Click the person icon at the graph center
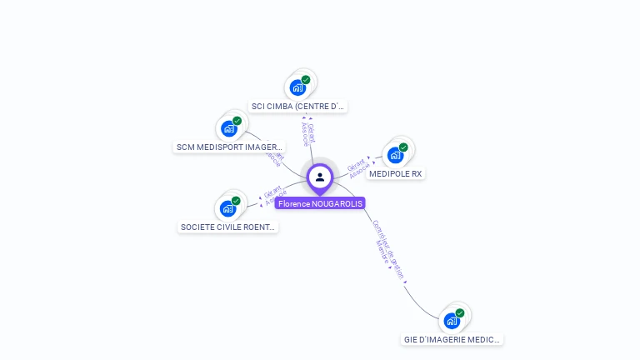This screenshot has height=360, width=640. coord(320,177)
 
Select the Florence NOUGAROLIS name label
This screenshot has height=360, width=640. coord(320,203)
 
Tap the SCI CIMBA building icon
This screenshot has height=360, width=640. coord(297,87)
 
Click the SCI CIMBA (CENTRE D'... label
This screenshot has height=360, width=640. coord(298,107)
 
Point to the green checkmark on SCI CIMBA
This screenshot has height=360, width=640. coord(306,80)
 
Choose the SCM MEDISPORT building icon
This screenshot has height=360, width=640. coord(228,129)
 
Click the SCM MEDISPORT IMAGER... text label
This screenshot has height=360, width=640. coord(229,147)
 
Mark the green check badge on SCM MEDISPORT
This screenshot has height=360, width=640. coord(237,121)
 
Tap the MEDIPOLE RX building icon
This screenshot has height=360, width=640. coord(395,155)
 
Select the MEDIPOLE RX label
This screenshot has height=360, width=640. coord(396,174)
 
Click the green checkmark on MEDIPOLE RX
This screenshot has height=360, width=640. coord(403,147)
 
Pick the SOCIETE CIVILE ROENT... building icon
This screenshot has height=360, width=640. coord(227,208)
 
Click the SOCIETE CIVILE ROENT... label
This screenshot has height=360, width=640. coord(228,227)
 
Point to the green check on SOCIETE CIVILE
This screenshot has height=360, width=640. coord(236,201)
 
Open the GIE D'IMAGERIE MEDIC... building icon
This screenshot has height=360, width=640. coord(452,321)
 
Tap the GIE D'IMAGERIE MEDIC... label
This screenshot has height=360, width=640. coord(452,340)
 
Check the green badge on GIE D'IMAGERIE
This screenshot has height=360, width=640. coord(460,313)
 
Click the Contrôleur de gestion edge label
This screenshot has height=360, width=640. coord(387,249)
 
